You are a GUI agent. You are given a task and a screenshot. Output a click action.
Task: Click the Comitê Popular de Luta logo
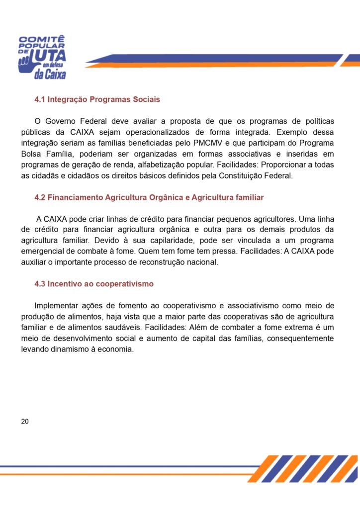pyautogui.click(x=42, y=57)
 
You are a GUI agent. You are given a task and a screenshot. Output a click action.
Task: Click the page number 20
pyautogui.click(x=25, y=422)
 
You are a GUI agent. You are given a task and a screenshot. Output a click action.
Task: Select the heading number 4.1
pyautogui.click(x=40, y=99)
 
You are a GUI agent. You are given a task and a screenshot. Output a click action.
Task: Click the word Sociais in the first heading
pyautogui.click(x=147, y=99)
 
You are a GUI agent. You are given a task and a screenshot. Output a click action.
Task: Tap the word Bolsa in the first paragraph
pyautogui.click(x=31, y=154)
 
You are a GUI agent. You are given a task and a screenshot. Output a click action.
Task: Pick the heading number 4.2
pyautogui.click(x=40, y=197)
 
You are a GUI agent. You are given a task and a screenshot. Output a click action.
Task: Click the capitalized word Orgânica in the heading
pyautogui.click(x=166, y=197)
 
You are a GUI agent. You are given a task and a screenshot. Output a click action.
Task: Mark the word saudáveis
pyautogui.click(x=104, y=328)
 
